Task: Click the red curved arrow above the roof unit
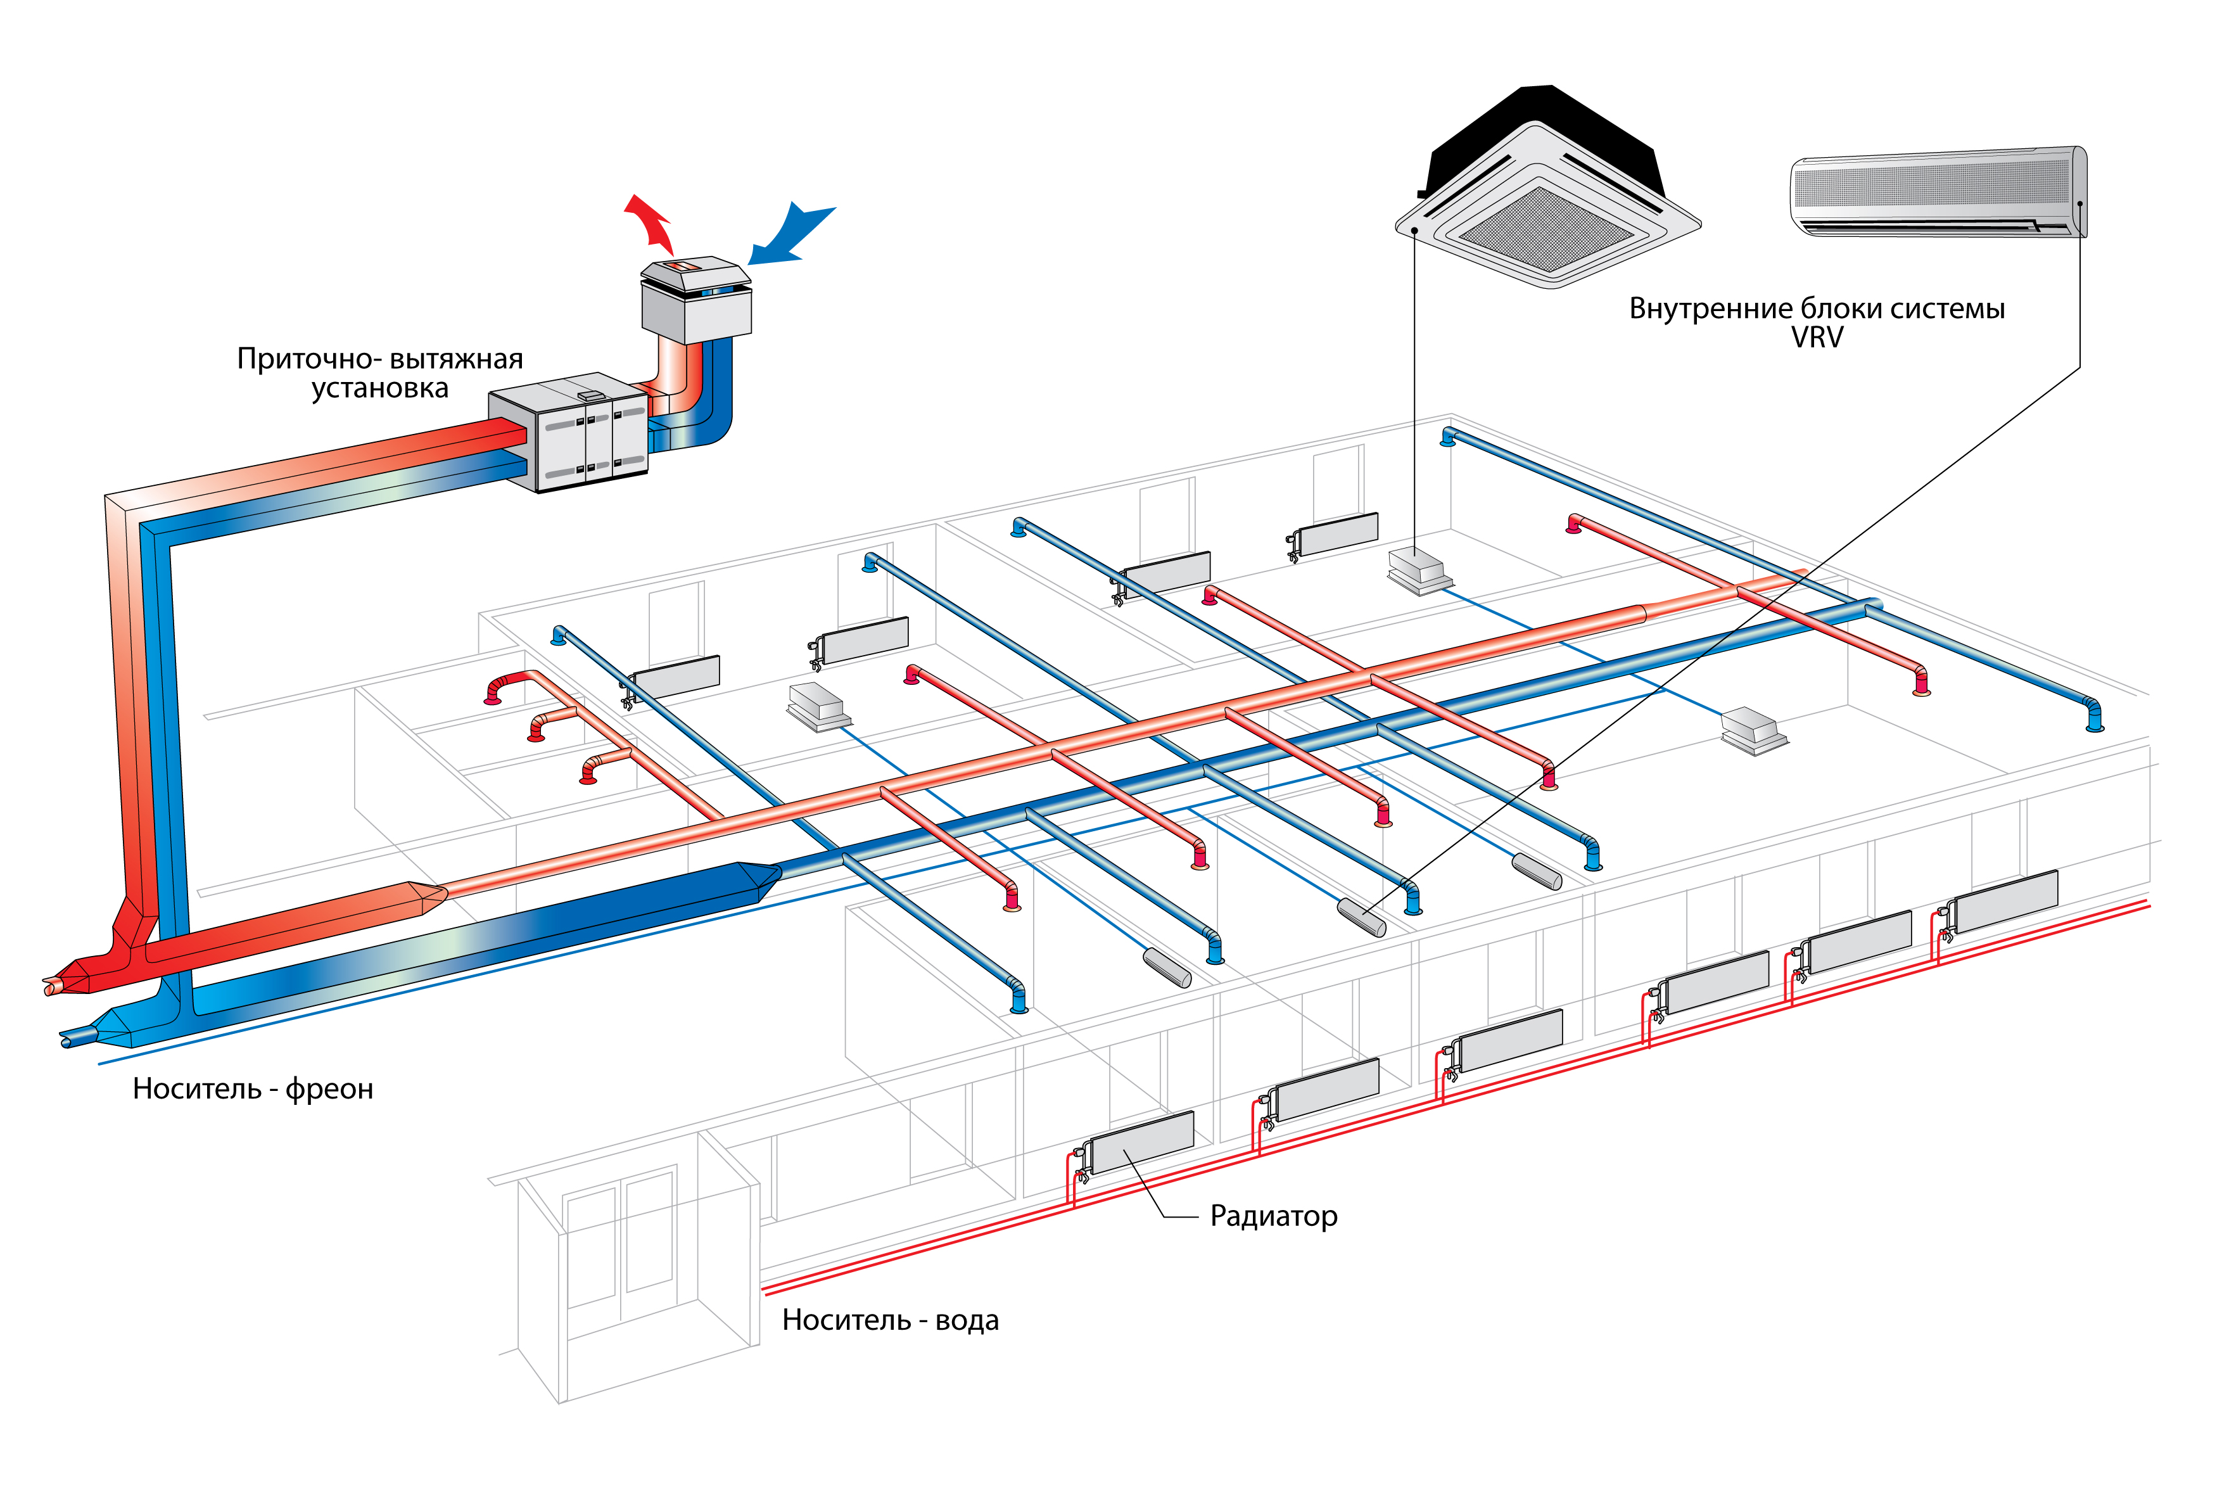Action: [x=650, y=222]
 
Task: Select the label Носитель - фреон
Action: [x=252, y=1089]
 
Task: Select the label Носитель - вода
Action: [x=889, y=1320]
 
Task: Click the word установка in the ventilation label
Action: [x=379, y=389]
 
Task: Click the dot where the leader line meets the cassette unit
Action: [x=1413, y=231]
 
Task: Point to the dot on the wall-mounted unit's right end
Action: [x=2079, y=203]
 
